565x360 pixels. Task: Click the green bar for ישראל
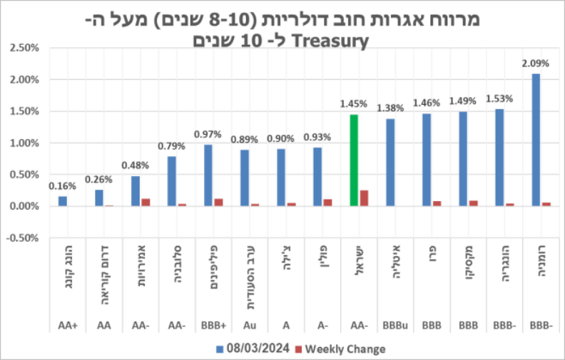tap(354, 160)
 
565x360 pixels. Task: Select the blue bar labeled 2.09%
tap(536, 140)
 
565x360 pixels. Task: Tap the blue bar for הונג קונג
tap(63, 201)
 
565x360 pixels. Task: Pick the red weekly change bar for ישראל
tap(365, 198)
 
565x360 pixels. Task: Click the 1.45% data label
tap(354, 104)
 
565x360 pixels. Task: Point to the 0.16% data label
tap(62, 187)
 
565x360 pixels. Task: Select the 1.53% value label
tap(499, 99)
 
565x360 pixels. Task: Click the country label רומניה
tap(540, 268)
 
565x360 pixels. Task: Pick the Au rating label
tap(249, 326)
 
